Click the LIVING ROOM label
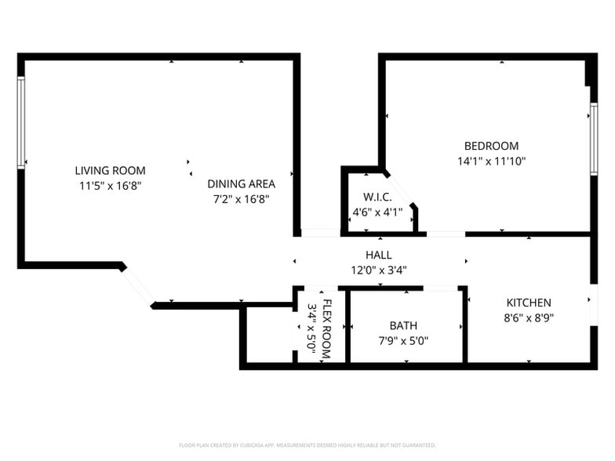110,170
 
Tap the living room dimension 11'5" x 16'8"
110,186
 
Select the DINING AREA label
241,183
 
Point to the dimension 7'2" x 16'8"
241,199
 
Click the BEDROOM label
491,146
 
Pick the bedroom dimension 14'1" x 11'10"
491,162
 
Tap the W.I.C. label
377,197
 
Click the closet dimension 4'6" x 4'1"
377,212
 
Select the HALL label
378,255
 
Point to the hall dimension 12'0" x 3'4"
378,270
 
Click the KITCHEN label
528,303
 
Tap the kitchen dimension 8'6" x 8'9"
528,318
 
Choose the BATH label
403,325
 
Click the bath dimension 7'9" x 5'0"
403,341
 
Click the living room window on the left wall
21,122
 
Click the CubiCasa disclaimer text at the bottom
307,445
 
